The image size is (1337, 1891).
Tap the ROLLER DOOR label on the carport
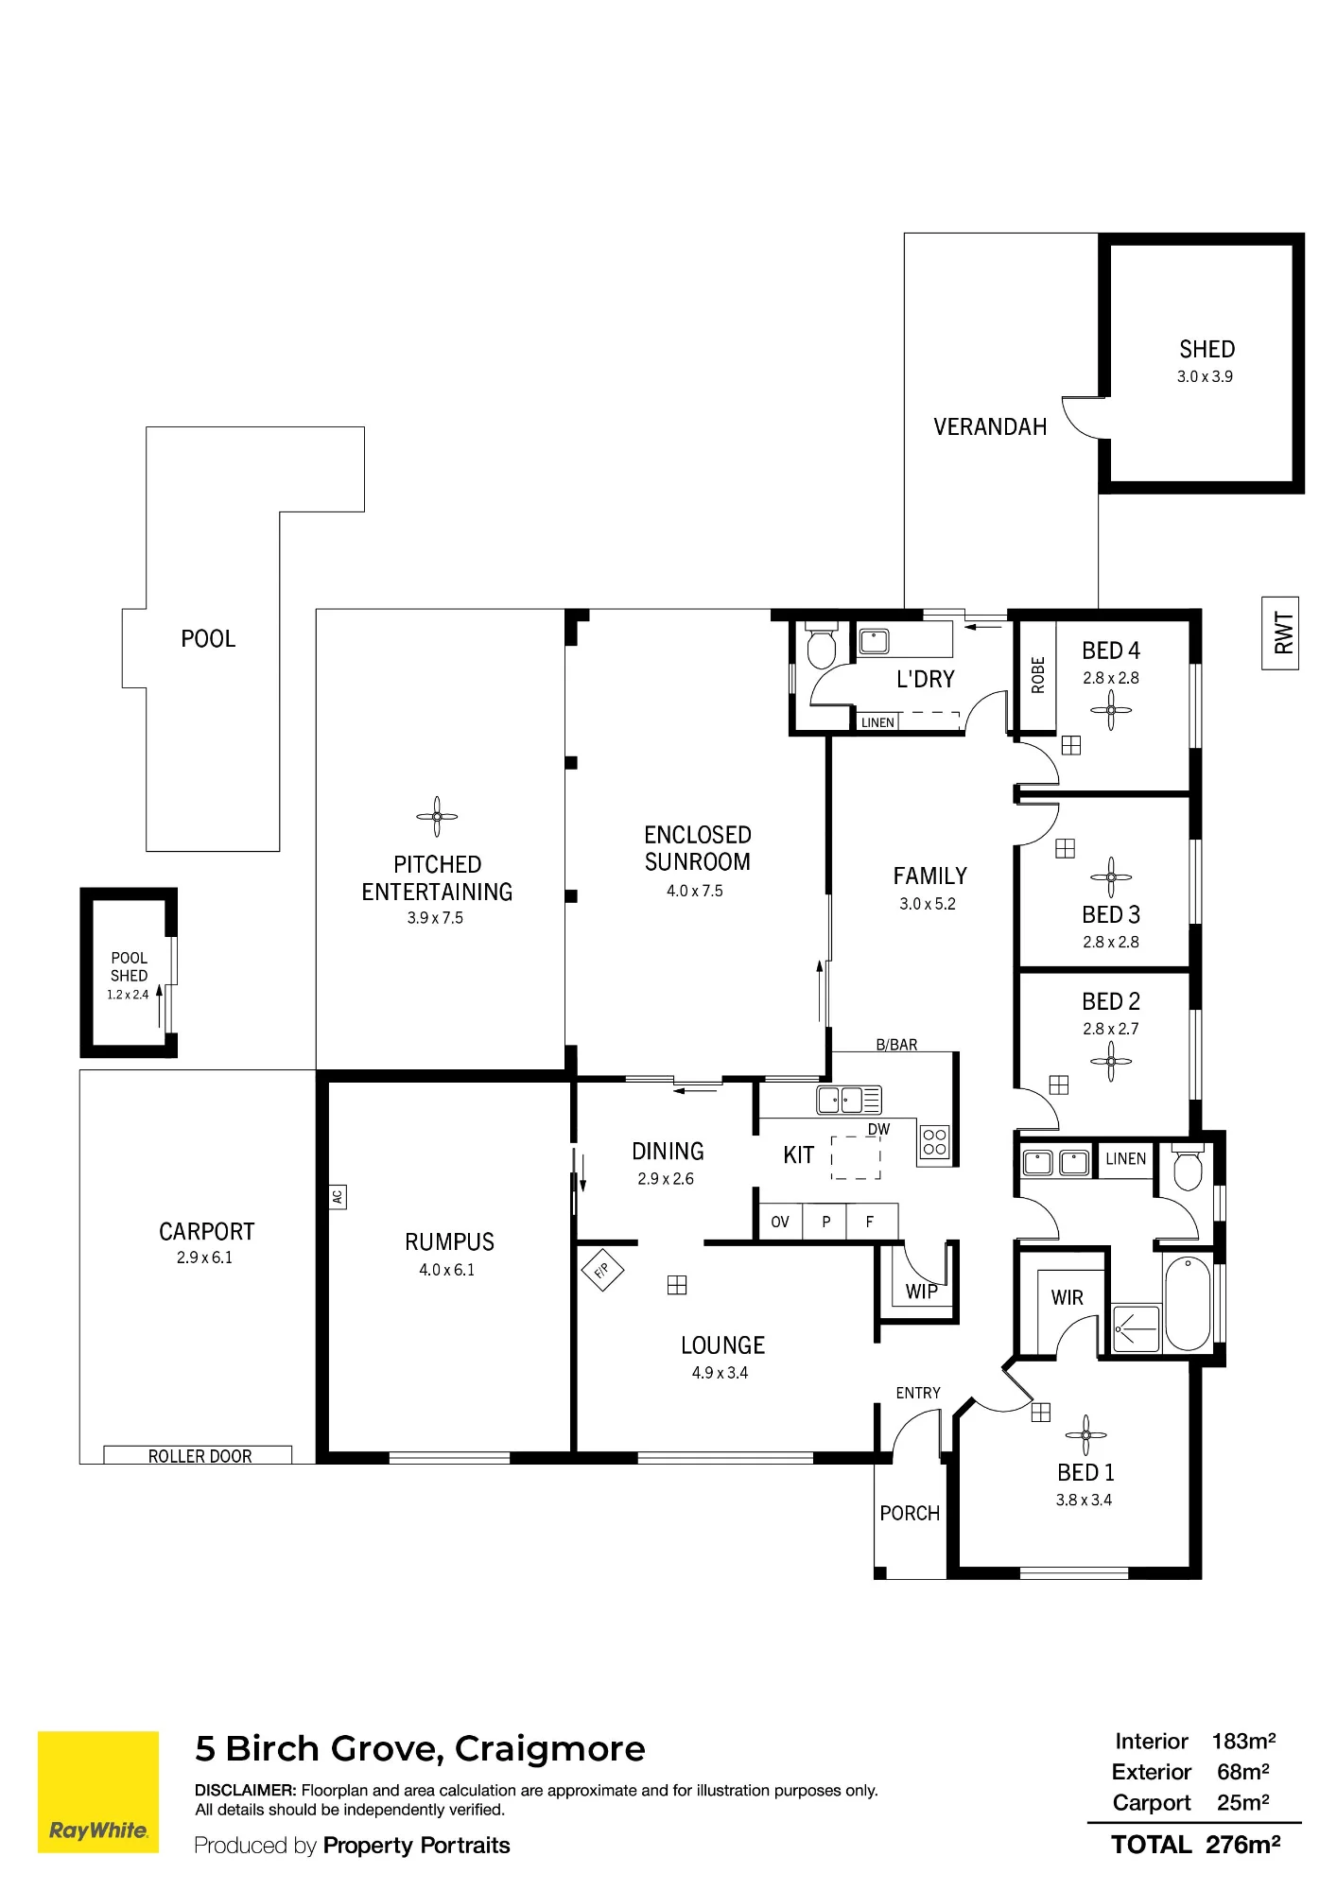pyautogui.click(x=200, y=1456)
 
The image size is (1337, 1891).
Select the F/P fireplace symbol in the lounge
pyautogui.click(x=602, y=1270)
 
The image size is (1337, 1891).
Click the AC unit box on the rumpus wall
pyautogui.click(x=338, y=1197)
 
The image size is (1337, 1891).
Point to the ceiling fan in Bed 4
pyautogui.click(x=1111, y=710)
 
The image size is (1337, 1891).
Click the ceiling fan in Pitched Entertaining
pyautogui.click(x=437, y=816)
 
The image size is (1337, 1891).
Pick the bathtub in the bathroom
pyautogui.click(x=1188, y=1304)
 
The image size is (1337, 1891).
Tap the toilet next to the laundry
pyautogui.click(x=821, y=647)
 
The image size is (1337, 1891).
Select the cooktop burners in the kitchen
pyautogui.click(x=934, y=1144)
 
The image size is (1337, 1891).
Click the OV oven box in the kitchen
pyautogui.click(x=779, y=1222)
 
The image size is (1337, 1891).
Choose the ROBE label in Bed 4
pyautogui.click(x=1037, y=675)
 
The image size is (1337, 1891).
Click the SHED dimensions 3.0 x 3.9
pyautogui.click(x=1205, y=376)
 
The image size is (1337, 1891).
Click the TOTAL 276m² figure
pyautogui.click(x=1196, y=1845)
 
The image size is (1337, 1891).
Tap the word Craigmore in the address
pyautogui.click(x=549, y=1749)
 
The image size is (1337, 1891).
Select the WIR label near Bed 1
pyautogui.click(x=1067, y=1298)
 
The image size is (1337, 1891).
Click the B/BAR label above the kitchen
pyautogui.click(x=896, y=1045)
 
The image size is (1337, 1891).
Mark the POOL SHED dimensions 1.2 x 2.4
pyautogui.click(x=128, y=995)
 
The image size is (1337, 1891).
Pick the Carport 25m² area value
pyautogui.click(x=1242, y=1802)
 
